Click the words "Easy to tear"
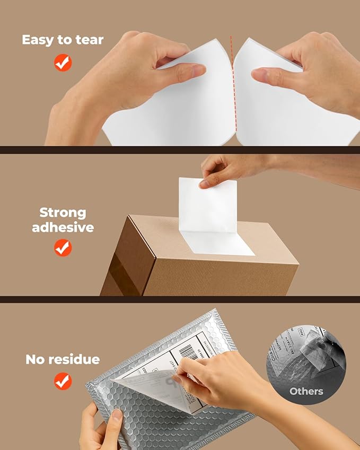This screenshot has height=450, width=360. [x=63, y=40]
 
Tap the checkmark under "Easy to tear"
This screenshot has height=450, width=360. [x=63, y=63]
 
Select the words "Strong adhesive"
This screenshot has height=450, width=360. [x=63, y=220]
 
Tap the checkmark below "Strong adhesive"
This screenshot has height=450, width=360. [x=63, y=248]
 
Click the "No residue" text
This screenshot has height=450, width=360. [x=63, y=359]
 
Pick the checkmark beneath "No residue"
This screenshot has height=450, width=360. [x=63, y=381]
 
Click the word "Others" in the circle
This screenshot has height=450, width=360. [x=306, y=392]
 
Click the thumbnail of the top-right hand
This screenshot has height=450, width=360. [x=261, y=74]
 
